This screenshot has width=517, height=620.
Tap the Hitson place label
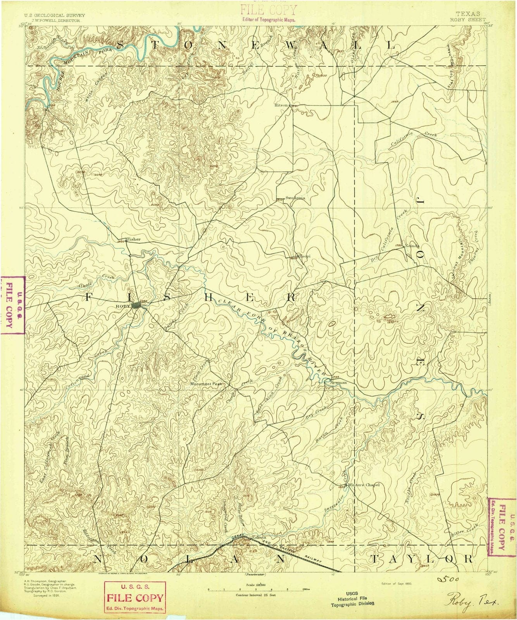click(x=281, y=105)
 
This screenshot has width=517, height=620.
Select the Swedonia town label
click(x=295, y=198)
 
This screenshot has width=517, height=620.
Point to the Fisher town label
click(x=134, y=239)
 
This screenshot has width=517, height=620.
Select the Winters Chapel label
click(x=361, y=484)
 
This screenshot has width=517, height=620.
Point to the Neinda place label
click(x=412, y=246)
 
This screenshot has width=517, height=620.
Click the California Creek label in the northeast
click(x=413, y=139)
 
